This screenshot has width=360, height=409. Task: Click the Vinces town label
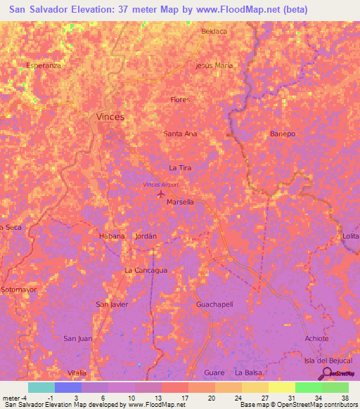click(x=110, y=117)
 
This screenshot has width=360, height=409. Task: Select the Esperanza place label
click(x=44, y=65)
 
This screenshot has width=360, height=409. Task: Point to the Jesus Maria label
click(x=214, y=65)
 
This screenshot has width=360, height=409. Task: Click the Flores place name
click(x=180, y=100)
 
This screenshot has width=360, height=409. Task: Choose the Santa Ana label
click(x=180, y=134)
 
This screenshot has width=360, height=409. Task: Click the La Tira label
click(x=180, y=168)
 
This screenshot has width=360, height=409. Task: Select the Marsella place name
click(x=181, y=202)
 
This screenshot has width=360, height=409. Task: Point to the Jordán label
click(x=146, y=236)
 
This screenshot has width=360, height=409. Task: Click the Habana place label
click(x=112, y=236)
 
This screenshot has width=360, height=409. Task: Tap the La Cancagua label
click(x=146, y=270)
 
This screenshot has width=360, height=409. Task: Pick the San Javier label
click(x=112, y=304)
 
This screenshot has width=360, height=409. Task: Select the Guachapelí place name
click(x=214, y=304)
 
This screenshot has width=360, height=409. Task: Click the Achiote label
click(x=316, y=338)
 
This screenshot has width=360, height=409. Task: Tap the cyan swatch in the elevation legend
click(x=41, y=387)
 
